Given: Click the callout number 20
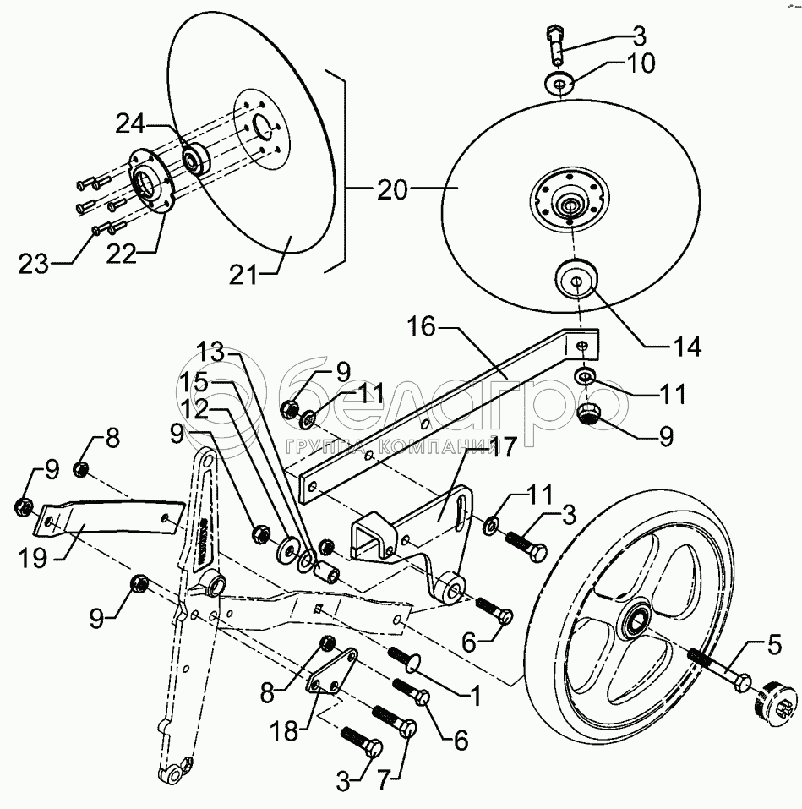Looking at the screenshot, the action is [392, 190].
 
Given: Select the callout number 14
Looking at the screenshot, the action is [689, 347].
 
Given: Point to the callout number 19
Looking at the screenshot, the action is [33, 557].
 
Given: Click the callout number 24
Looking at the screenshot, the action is [130, 123].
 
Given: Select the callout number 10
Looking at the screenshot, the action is [641, 63].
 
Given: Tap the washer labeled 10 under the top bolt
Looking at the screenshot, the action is [559, 84].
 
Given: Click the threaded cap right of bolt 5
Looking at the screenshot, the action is [772, 703].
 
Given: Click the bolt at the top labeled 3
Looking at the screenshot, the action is [556, 44].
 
